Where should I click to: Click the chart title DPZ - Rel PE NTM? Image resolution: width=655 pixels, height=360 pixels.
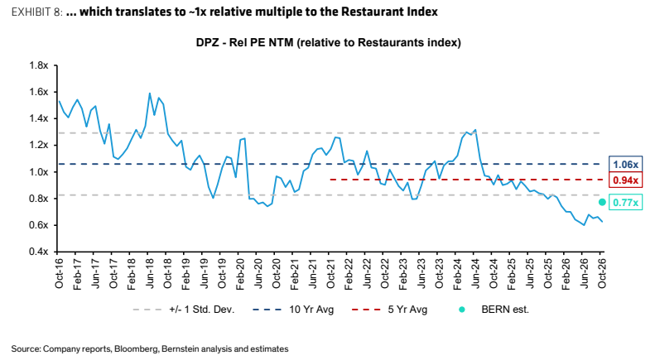click(x=244, y=42)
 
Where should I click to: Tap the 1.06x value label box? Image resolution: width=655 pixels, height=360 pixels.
click(x=625, y=164)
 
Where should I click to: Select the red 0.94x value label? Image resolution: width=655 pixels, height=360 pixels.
click(x=625, y=180)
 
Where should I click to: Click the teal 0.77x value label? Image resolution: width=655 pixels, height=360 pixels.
click(x=625, y=203)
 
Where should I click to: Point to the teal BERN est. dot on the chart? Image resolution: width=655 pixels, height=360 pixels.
click(x=602, y=202)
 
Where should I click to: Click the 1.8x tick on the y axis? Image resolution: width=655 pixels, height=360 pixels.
click(x=38, y=65)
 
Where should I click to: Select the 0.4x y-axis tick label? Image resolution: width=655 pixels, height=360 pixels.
click(x=38, y=252)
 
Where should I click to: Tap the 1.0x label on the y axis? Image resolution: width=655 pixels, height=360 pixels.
click(x=38, y=172)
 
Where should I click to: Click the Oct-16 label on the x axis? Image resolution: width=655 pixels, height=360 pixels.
click(x=59, y=272)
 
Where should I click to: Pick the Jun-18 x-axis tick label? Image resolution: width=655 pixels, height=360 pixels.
click(x=150, y=273)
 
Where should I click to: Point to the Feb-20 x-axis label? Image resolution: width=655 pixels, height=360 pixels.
click(x=240, y=273)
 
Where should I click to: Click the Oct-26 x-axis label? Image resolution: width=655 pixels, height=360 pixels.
click(x=602, y=272)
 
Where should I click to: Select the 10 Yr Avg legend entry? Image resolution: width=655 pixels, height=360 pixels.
click(x=293, y=310)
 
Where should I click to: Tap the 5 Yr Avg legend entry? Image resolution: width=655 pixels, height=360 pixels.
click(x=389, y=310)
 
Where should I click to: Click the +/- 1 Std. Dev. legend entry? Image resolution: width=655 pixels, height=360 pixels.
click(x=184, y=310)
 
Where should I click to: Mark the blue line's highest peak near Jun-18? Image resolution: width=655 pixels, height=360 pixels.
click(x=150, y=94)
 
